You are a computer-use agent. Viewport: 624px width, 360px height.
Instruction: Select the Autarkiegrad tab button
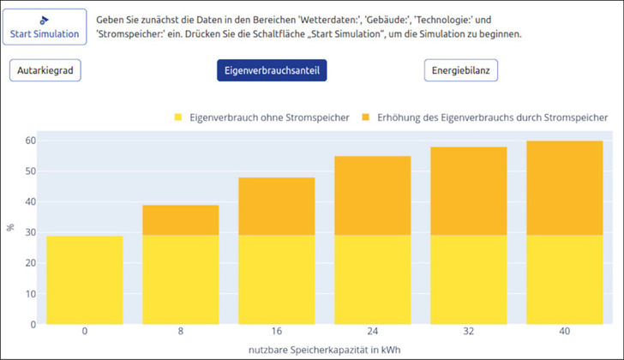point(45,70)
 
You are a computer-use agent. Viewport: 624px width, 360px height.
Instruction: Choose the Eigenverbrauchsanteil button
point(272,70)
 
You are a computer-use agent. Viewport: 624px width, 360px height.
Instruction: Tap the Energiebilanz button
point(460,70)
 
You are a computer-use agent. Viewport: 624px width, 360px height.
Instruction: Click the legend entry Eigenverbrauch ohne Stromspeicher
point(261,117)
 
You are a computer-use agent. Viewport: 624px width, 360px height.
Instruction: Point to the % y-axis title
point(10,227)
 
